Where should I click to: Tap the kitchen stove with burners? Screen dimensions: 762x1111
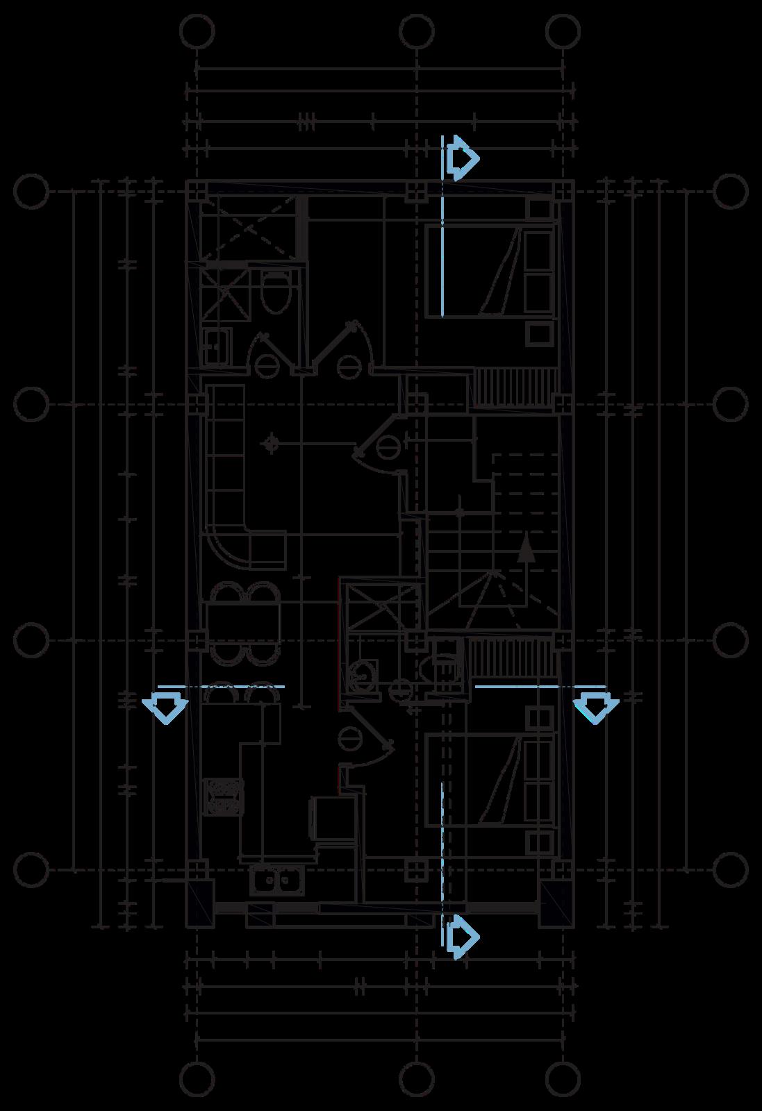pyautogui.click(x=223, y=796)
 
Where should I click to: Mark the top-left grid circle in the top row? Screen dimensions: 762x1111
pyautogui.click(x=197, y=31)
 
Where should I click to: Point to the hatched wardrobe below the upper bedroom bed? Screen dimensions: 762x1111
pyautogui.click(x=515, y=387)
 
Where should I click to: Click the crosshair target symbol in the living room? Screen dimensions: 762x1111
pyautogui.click(x=272, y=444)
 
